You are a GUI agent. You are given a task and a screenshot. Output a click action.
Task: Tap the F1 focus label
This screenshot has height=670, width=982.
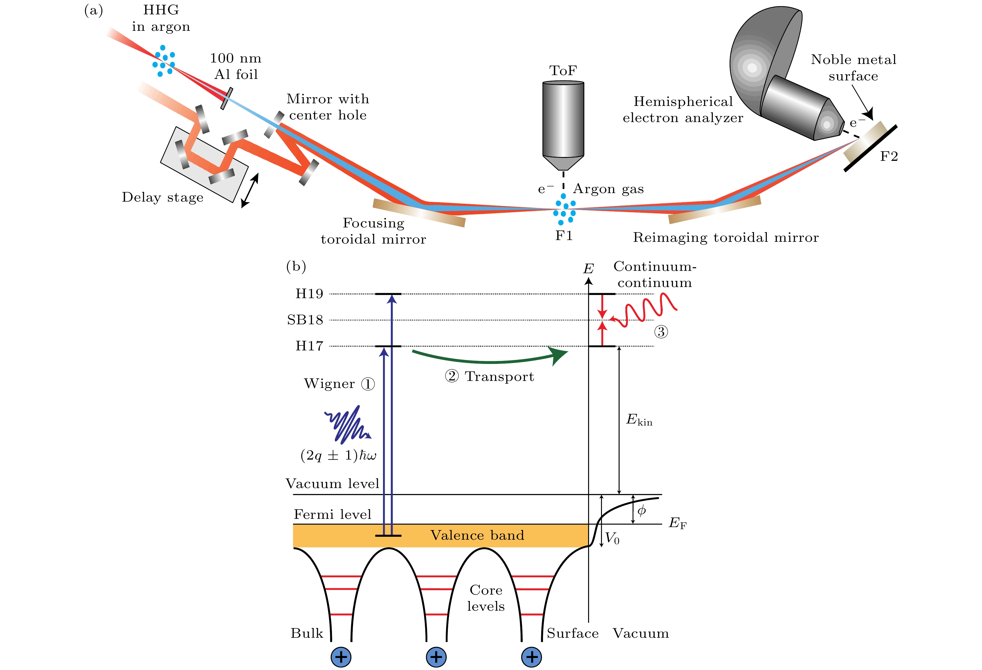coord(564,236)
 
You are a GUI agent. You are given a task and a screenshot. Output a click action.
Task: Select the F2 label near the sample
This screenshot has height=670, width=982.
coord(889,157)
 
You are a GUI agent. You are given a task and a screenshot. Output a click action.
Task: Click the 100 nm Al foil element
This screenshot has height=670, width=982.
coord(227,98)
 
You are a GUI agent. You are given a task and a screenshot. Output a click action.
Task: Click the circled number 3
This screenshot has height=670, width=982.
coord(661,332)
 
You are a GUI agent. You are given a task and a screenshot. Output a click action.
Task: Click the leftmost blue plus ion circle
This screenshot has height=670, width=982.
coord(341,657)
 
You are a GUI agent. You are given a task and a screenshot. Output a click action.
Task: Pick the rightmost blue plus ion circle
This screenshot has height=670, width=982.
coord(532,657)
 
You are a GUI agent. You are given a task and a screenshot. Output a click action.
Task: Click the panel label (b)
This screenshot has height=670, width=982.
coord(296,266)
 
